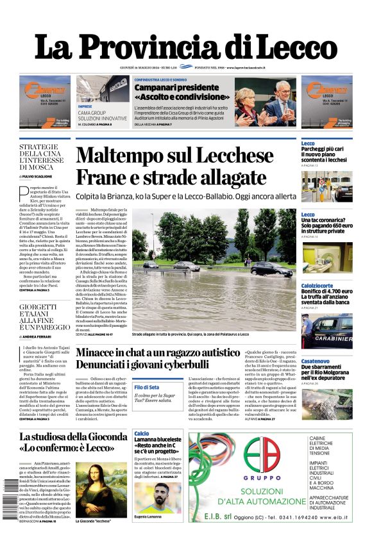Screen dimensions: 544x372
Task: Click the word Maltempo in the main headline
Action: [x=131, y=156]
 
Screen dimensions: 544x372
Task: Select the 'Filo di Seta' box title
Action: [x=147, y=388]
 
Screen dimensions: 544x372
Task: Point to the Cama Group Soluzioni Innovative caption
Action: [x=103, y=115]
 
